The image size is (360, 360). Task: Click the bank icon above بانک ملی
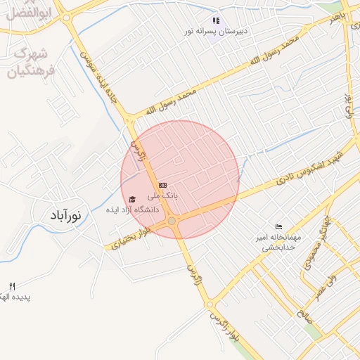coord(163,185)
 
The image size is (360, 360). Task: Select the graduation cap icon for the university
coord(132,200)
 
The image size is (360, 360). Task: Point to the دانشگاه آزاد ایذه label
coord(133,210)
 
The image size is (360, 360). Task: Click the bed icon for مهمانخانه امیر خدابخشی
coord(279,226)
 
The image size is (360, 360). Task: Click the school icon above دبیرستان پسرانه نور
coord(216,21)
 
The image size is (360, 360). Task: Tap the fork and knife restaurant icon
coord(11,285)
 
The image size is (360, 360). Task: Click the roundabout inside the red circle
coord(172,221)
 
